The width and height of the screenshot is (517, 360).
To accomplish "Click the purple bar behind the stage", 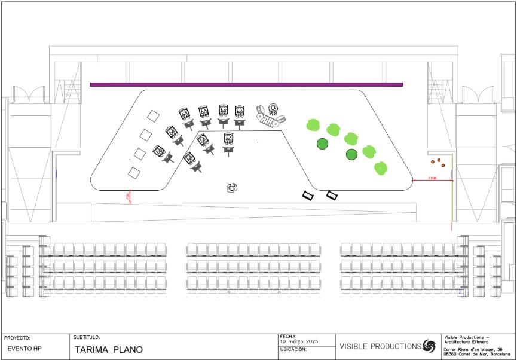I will click(x=246, y=84).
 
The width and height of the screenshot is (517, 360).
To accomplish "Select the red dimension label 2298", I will click(x=433, y=178).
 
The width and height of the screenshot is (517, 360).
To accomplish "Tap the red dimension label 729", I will click(x=127, y=196).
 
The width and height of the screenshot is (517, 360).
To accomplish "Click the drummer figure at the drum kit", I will click(x=273, y=109).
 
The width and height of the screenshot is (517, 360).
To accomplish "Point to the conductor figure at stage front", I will click(x=232, y=188).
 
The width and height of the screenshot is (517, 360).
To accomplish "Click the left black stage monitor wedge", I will click(x=309, y=195).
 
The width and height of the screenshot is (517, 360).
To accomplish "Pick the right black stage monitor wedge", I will click(x=332, y=195).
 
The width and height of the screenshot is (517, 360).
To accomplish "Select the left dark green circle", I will click(x=322, y=144).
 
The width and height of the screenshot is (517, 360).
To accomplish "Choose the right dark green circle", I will click(x=351, y=155).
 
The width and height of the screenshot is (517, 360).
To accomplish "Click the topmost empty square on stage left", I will click(x=154, y=115).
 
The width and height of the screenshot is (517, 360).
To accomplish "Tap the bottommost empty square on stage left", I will click(x=134, y=173).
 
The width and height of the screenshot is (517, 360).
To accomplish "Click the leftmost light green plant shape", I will click(x=313, y=125).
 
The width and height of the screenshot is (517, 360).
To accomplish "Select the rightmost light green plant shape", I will click(x=381, y=169).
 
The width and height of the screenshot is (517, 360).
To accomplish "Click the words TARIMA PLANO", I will click(x=109, y=350).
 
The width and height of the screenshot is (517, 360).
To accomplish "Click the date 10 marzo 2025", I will click(x=299, y=341).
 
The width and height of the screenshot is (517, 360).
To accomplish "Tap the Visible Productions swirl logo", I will click(x=429, y=346).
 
